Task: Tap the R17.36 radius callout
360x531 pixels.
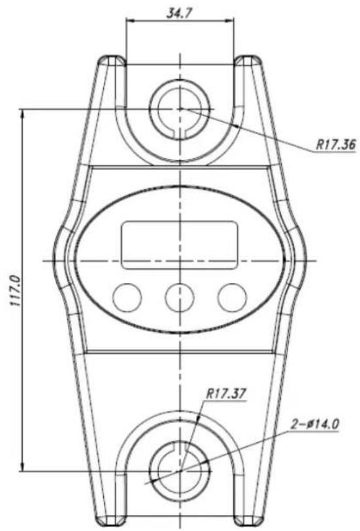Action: click(x=334, y=145)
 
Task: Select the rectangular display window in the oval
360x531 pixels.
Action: click(x=180, y=244)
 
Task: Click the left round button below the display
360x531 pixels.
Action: click(x=127, y=298)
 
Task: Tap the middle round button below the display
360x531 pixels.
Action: click(x=179, y=298)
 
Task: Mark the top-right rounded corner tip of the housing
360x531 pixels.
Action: click(x=249, y=60)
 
